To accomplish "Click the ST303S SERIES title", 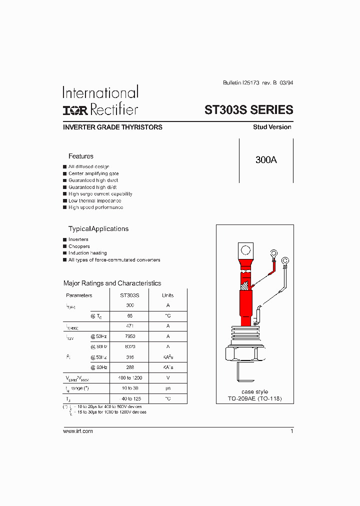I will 248,109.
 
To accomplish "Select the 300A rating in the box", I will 266,160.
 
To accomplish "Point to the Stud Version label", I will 272,127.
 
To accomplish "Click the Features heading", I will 81,156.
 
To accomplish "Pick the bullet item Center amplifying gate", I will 93,173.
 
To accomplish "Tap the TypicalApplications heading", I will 98,228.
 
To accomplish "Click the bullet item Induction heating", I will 87,253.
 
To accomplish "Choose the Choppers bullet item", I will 79,246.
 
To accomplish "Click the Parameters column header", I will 79,295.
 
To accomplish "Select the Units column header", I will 168,295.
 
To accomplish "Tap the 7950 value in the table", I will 130,336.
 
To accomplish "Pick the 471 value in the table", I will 130,326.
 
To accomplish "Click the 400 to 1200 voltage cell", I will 130,378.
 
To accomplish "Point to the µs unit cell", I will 168,388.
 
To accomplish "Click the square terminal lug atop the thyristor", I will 245,250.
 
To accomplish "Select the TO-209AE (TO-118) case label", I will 254,398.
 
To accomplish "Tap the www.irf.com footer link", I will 78,431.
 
